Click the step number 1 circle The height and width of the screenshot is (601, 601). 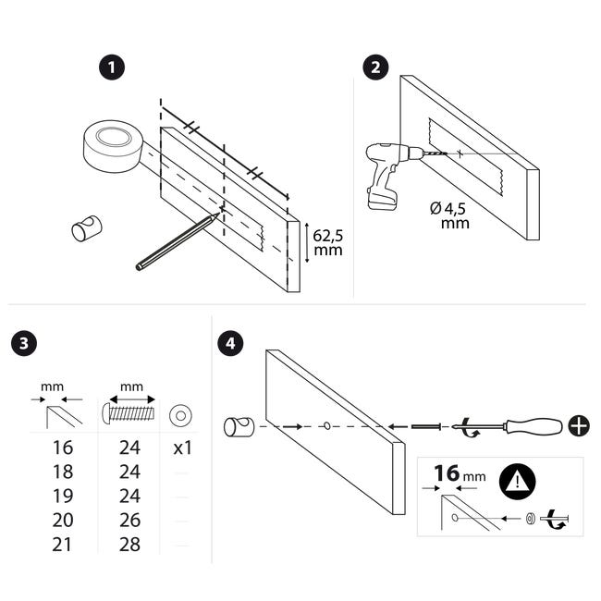112,67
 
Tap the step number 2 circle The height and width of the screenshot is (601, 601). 375,67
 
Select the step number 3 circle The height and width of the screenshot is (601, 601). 24,343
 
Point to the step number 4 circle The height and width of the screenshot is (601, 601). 230,343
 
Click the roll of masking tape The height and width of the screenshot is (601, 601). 113,146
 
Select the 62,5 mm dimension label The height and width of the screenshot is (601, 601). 327,242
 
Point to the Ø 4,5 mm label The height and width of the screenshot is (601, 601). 449,215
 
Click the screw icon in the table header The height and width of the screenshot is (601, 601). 129,413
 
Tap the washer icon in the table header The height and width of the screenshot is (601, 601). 180,415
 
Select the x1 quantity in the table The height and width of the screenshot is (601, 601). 182,448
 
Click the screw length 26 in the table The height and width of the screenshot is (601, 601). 129,521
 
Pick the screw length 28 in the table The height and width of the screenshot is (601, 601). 129,545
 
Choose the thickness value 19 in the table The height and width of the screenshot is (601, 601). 63,496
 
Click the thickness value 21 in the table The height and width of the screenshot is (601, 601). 62,545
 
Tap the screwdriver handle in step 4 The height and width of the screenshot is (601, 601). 534,426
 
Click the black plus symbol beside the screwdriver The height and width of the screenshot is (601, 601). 579,425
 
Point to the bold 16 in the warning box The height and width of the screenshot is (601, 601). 447,473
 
